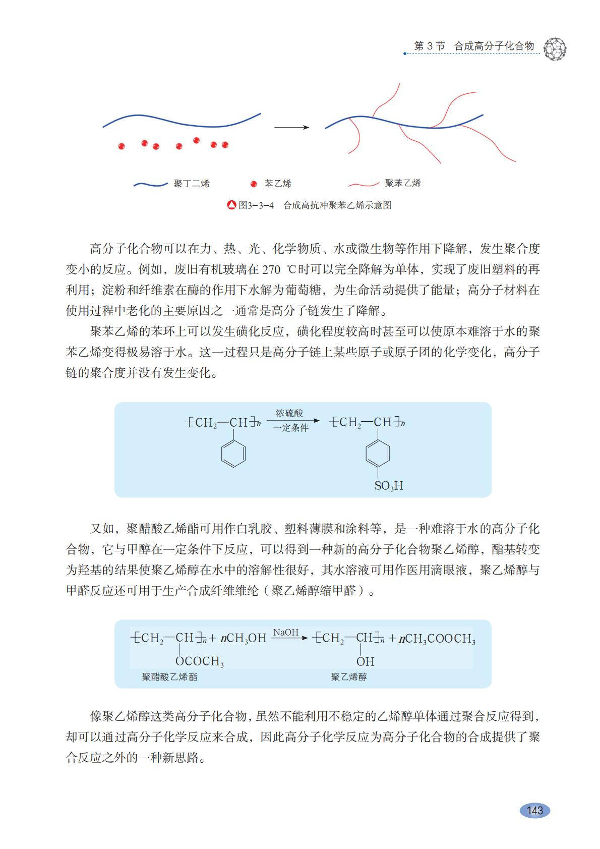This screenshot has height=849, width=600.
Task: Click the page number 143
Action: [534, 810]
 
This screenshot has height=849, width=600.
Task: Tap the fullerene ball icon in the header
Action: [555, 48]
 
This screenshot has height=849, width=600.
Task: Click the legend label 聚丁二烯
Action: [192, 184]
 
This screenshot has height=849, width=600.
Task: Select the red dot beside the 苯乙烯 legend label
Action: [254, 184]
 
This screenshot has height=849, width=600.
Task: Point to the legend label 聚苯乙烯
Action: [402, 183]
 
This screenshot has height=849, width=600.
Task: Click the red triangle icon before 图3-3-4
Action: [231, 205]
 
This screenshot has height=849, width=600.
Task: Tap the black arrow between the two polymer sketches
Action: [291, 128]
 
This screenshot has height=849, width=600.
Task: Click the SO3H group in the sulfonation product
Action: [388, 486]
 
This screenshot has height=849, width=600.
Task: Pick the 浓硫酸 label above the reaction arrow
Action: [289, 413]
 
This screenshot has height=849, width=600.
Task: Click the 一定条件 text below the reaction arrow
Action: [290, 428]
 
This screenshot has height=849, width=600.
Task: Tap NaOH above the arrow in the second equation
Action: [286, 633]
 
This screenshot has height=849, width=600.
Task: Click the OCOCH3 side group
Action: [200, 661]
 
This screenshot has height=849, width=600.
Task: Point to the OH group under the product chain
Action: [365, 661]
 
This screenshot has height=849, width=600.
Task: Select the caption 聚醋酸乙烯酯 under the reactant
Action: [169, 677]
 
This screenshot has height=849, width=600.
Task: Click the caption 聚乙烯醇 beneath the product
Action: [349, 677]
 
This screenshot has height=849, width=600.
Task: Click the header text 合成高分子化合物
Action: [494, 46]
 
